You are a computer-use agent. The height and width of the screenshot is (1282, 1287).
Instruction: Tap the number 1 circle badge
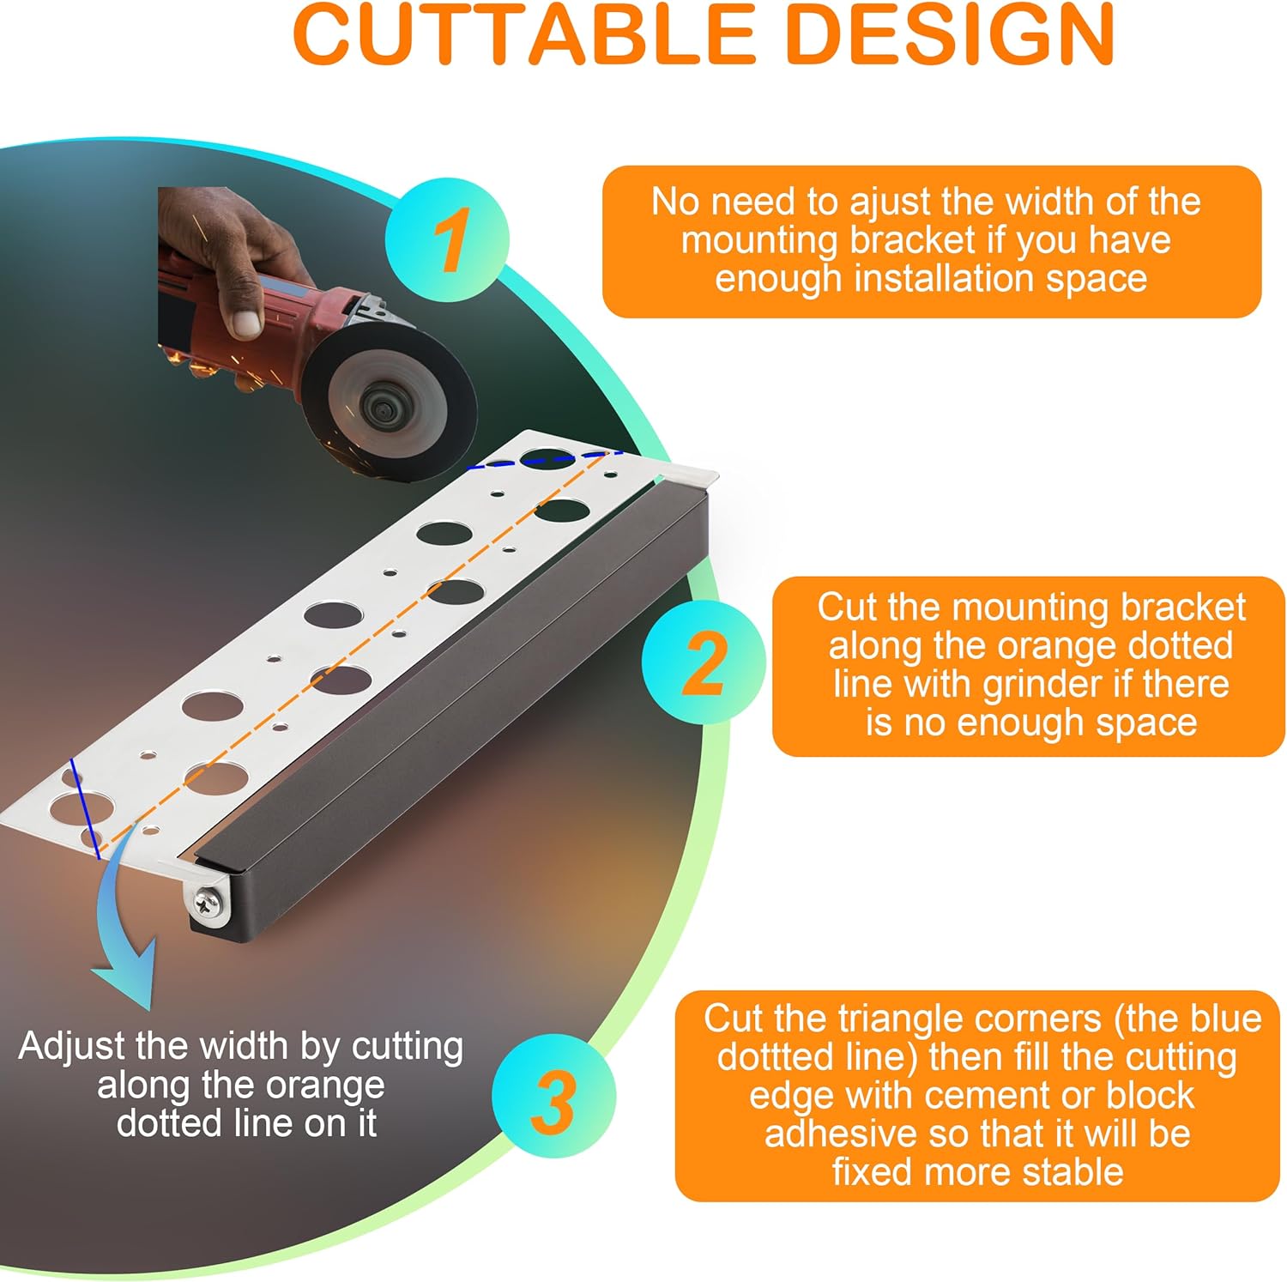point(447,239)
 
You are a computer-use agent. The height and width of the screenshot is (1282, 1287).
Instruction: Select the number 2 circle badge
point(704,662)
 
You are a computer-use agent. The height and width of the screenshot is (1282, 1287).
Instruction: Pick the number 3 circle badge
point(553,1096)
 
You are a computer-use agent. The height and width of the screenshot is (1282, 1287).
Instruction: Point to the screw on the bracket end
point(208,900)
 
